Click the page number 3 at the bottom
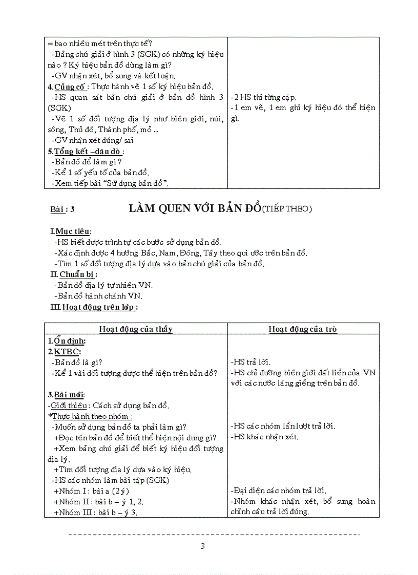[x=203, y=546]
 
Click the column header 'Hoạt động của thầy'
[x=136, y=329]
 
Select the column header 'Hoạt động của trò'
[x=303, y=329]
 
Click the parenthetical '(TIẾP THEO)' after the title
[x=287, y=208]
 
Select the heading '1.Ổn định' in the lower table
[x=67, y=340]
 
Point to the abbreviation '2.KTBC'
[x=64, y=351]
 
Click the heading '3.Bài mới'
[x=67, y=394]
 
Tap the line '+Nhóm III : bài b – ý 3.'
[x=95, y=512]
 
